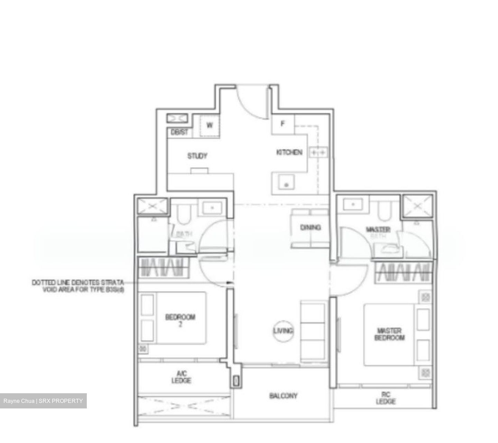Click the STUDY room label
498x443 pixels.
click(197, 156)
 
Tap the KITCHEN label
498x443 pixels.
click(289, 152)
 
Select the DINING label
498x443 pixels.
click(310, 227)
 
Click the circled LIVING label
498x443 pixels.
click(283, 331)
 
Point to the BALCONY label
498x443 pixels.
click(283, 396)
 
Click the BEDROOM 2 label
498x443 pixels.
click(180, 320)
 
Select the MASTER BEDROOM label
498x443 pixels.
click(389, 334)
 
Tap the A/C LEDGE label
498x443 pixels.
click(181, 377)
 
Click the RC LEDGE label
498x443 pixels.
click(386, 398)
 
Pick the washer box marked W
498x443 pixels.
click(210, 125)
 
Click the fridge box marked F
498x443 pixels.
click(283, 124)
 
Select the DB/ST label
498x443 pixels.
click(179, 132)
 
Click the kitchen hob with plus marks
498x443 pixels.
click(318, 152)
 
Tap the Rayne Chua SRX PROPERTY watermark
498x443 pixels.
click(43, 401)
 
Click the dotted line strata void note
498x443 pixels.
click(78, 286)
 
